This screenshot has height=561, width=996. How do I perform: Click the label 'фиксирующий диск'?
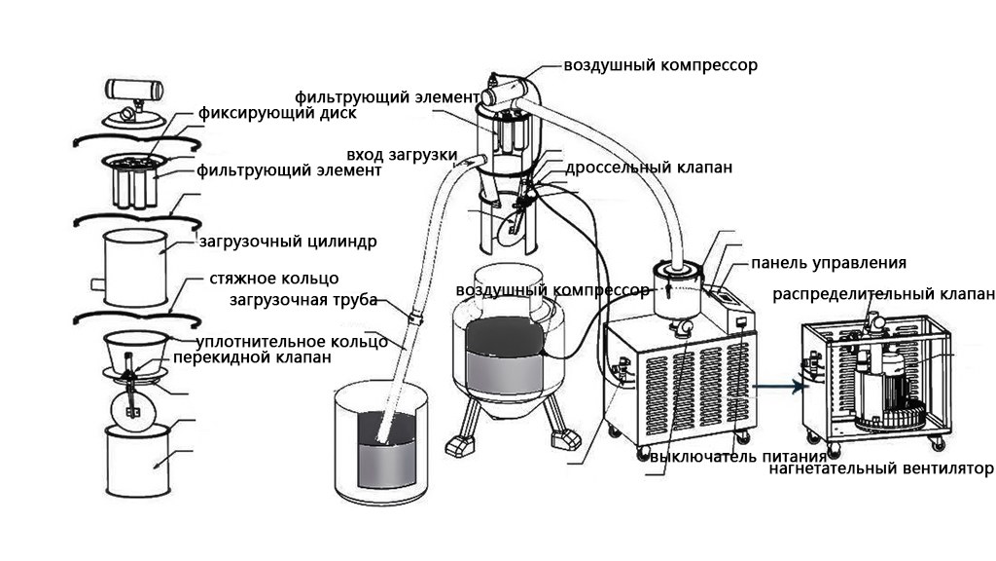click(277, 114)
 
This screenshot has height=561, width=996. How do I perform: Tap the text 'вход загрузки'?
click(402, 155)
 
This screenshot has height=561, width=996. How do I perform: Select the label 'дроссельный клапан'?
click(649, 168)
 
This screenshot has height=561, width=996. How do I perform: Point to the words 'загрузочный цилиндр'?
click(288, 243)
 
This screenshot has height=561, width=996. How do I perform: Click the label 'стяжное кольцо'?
click(273, 279)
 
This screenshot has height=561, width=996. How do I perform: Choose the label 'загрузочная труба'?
click(303, 300)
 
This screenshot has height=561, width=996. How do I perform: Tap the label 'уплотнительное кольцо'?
click(292, 342)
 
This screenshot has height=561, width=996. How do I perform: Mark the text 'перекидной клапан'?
click(252, 357)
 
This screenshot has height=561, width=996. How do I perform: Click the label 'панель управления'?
click(829, 263)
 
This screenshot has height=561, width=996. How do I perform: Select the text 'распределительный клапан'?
click(883, 294)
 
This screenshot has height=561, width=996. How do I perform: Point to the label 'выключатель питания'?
click(738, 457)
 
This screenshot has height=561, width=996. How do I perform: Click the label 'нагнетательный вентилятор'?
click(880, 469)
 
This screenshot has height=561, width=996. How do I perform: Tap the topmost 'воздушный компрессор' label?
click(660, 65)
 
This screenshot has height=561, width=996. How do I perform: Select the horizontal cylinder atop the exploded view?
click(134, 89)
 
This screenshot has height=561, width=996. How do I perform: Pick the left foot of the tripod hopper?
click(461, 444)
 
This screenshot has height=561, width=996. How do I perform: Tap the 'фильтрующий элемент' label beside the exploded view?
click(289, 170)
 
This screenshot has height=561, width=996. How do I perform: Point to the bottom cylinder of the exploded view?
click(137, 461)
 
